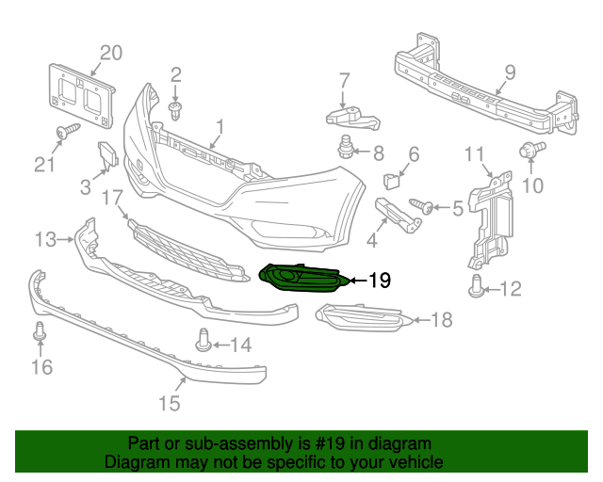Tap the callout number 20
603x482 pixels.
pos(111,53)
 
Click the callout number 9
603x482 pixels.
pos(509,72)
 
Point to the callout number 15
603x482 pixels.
pos(168,404)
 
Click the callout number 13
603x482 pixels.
pos(45,240)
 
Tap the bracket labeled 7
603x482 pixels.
pos(352,117)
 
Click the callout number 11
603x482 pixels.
pos(475,153)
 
